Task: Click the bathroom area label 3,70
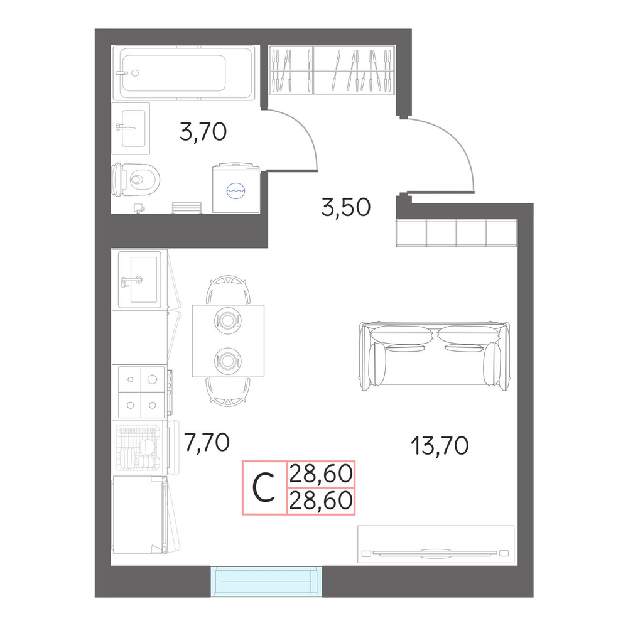click(203, 132)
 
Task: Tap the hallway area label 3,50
click(346, 207)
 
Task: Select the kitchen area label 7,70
click(207, 443)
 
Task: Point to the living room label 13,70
click(440, 446)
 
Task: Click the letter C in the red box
click(264, 487)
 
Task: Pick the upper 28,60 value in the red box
click(320, 474)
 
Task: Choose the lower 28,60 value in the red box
click(320, 501)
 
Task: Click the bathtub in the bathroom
click(183, 73)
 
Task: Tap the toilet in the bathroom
click(136, 180)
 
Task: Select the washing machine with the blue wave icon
click(236, 187)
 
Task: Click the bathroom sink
click(131, 128)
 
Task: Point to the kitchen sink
click(139, 279)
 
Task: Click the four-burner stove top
click(141, 392)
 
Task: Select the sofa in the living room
click(435, 355)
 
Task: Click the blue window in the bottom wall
click(266, 581)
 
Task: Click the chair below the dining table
click(228, 392)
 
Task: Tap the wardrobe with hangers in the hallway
click(332, 70)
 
